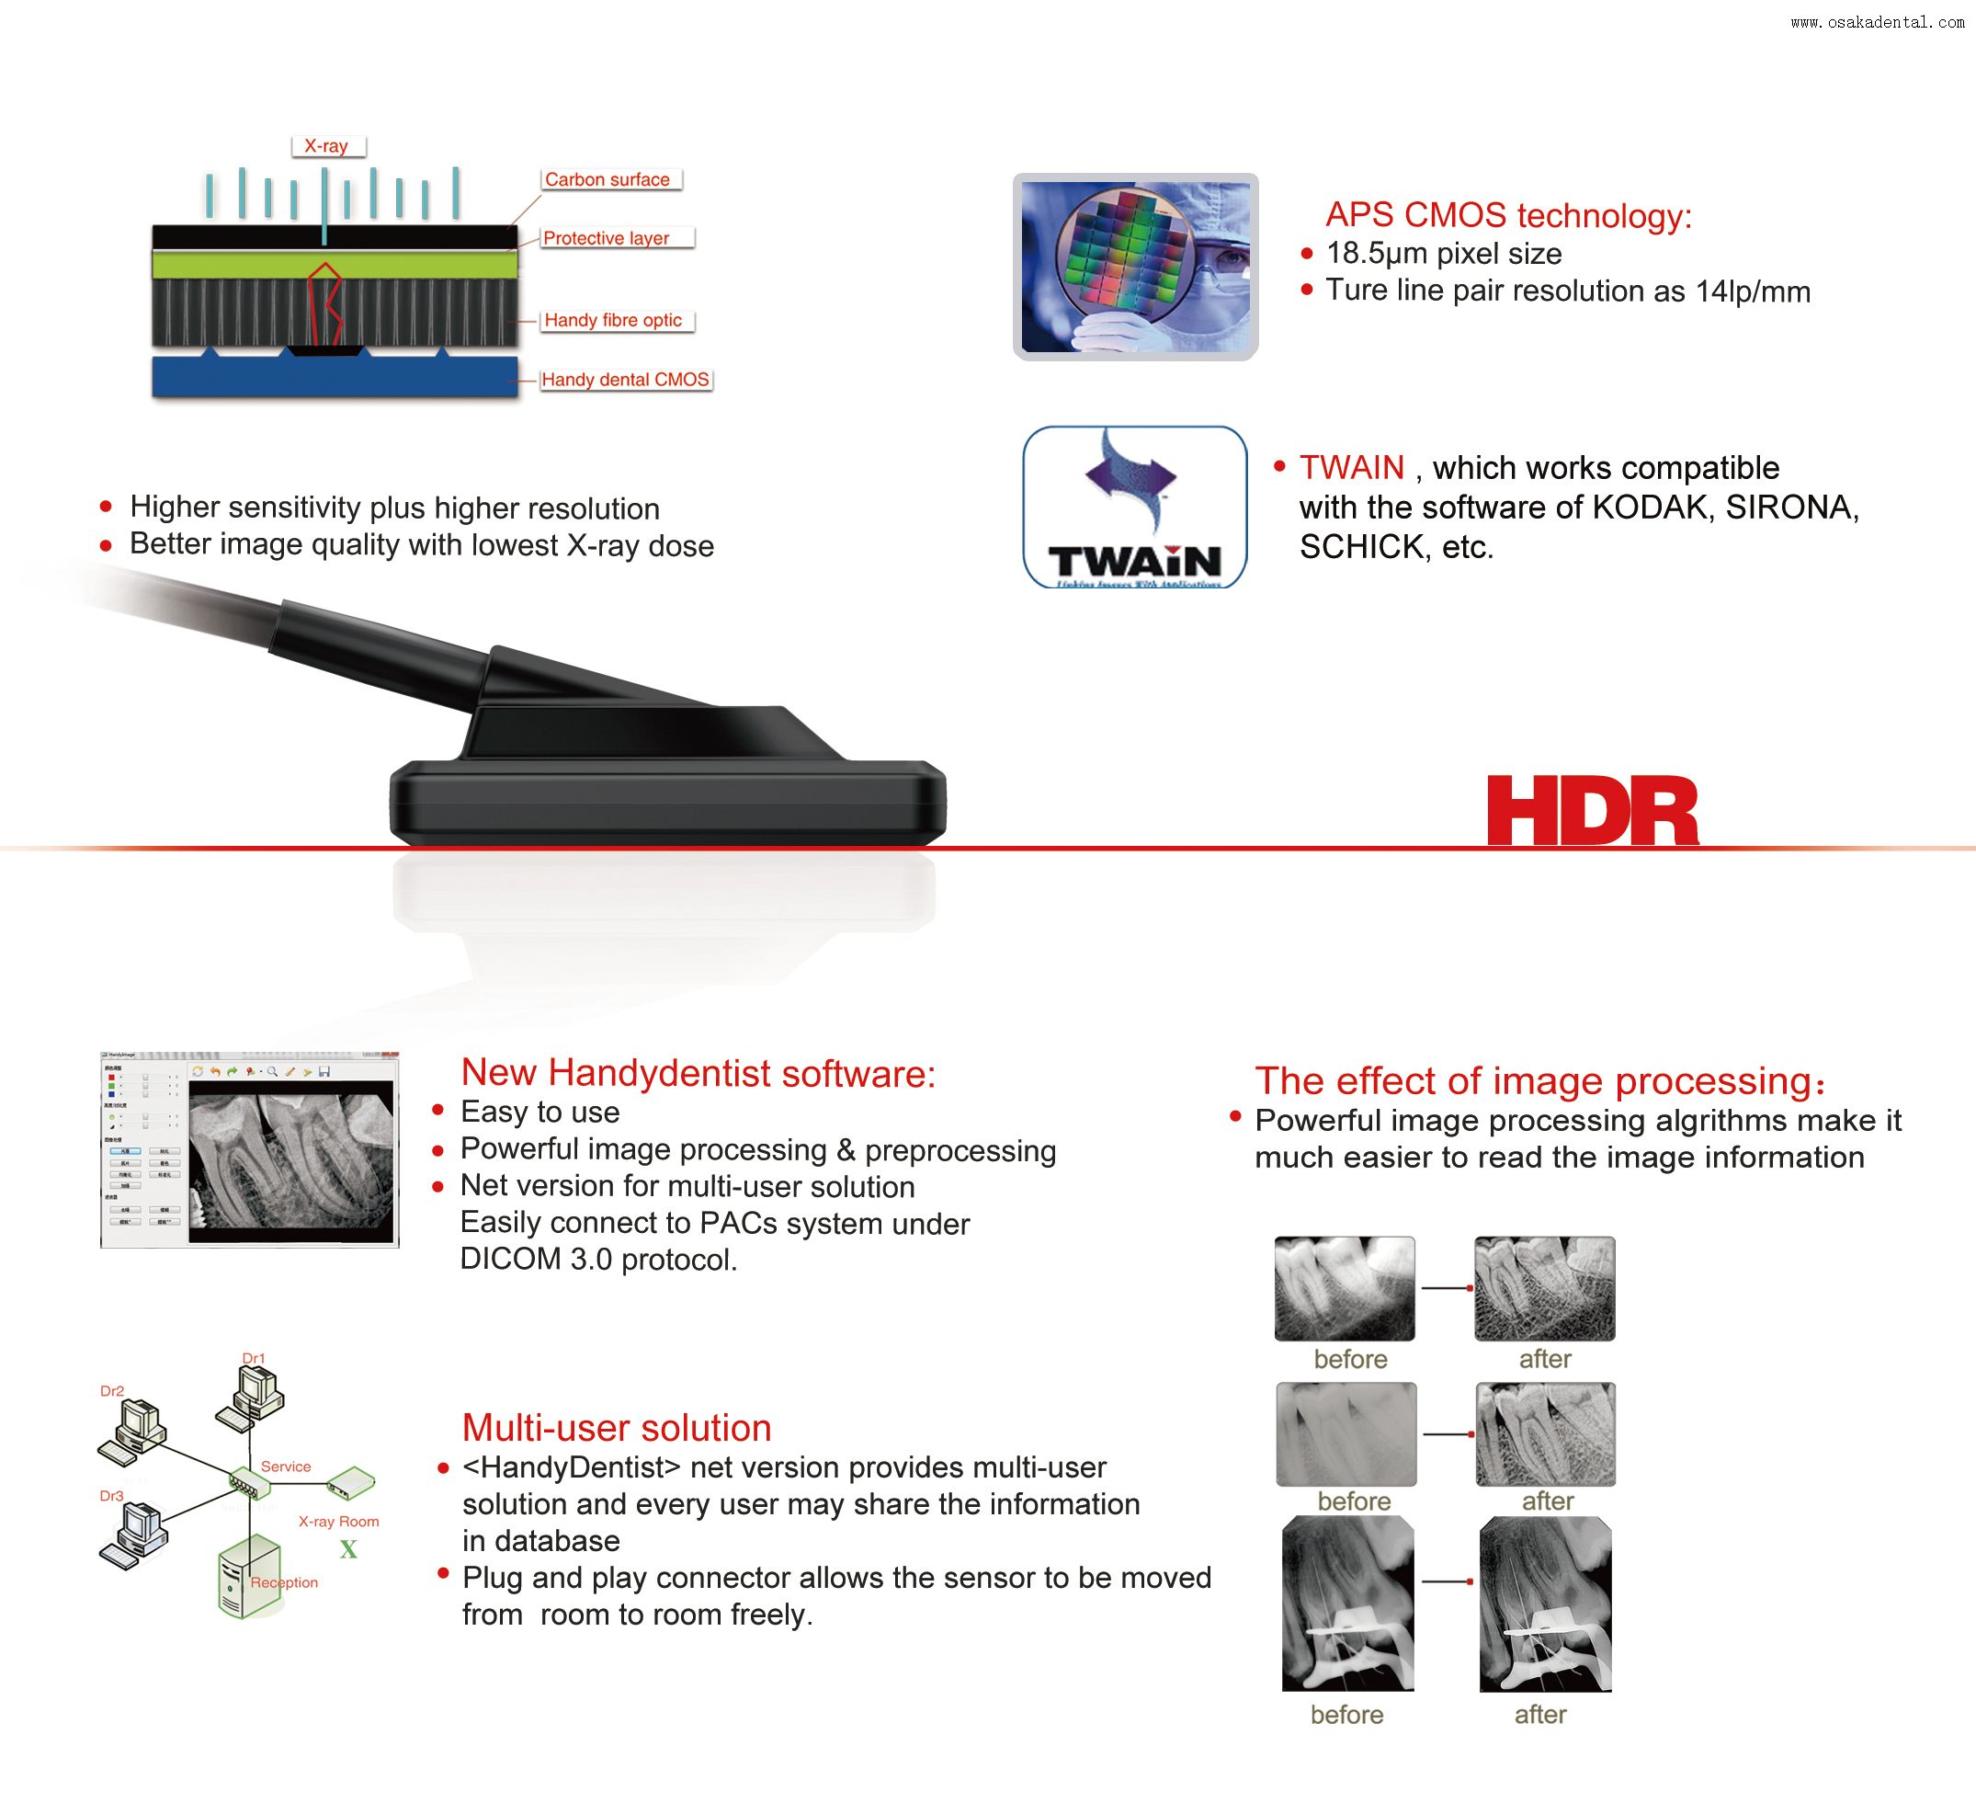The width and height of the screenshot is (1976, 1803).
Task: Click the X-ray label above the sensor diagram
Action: (x=326, y=146)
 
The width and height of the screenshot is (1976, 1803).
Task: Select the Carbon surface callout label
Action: (x=608, y=179)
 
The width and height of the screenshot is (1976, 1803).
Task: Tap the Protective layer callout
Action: (x=608, y=238)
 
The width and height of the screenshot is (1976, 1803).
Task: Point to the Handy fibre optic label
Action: (x=614, y=321)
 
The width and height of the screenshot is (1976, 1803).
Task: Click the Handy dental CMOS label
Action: (x=625, y=380)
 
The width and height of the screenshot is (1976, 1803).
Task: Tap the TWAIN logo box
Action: (x=1134, y=507)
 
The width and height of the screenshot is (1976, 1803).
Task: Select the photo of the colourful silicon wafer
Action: (x=1134, y=267)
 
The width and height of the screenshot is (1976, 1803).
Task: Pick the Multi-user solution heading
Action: (x=617, y=1428)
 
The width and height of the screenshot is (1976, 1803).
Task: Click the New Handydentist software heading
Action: (x=698, y=1074)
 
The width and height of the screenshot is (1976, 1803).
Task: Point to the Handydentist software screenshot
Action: (x=250, y=1150)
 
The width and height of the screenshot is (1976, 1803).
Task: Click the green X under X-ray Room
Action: (x=348, y=1550)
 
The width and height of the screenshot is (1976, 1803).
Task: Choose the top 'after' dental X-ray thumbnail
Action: (x=1544, y=1288)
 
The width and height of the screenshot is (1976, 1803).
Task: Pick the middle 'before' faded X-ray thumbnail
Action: (x=1346, y=1433)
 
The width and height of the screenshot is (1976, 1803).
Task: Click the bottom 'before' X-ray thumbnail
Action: (x=1347, y=1604)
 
